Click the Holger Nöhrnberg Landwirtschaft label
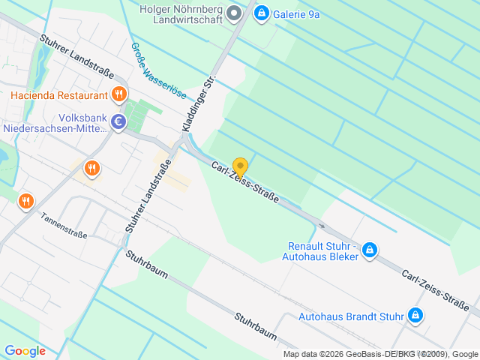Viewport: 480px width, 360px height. pos(182,13)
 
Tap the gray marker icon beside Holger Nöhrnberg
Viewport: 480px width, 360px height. pos(234,12)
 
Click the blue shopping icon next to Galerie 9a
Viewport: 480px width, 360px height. pos(261,13)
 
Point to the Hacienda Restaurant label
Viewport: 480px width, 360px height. pos(59,95)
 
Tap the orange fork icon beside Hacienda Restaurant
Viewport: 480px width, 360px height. pos(118,94)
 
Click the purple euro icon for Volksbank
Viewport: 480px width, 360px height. pos(118,121)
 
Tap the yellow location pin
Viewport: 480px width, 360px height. pos(240,168)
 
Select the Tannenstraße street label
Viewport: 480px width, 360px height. pos(64,224)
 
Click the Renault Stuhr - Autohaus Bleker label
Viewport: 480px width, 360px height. pos(323,251)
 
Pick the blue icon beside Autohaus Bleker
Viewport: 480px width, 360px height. pos(369,250)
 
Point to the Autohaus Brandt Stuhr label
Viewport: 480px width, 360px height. pos(351,316)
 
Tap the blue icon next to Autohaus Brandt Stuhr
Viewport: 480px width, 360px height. pos(415,316)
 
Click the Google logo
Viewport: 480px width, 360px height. pos(25,351)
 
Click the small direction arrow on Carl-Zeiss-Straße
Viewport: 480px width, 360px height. pos(322,225)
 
